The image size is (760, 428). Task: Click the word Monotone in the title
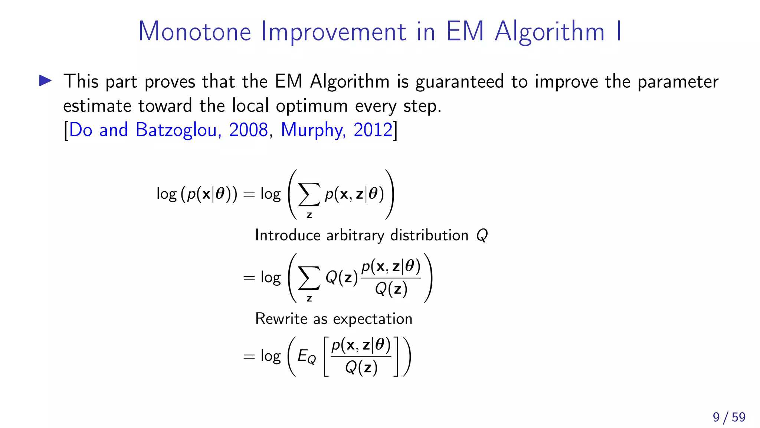coord(195,31)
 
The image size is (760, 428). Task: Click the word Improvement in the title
coord(333,31)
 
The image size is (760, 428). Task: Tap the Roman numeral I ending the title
coord(619,31)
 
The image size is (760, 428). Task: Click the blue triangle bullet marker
coord(45,81)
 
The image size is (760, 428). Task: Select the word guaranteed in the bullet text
coord(459,82)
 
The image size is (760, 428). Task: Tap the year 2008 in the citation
coord(248,130)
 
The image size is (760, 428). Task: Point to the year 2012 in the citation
coord(373,130)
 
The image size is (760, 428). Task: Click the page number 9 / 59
coord(729,417)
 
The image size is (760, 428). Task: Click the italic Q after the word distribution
coord(482,235)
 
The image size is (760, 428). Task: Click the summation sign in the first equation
coord(309,195)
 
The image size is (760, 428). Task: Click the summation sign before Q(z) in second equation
coord(309,278)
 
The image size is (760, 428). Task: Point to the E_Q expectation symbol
coord(307,357)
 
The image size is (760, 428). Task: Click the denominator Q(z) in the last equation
coord(361,367)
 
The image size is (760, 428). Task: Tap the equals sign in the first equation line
coord(249,195)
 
